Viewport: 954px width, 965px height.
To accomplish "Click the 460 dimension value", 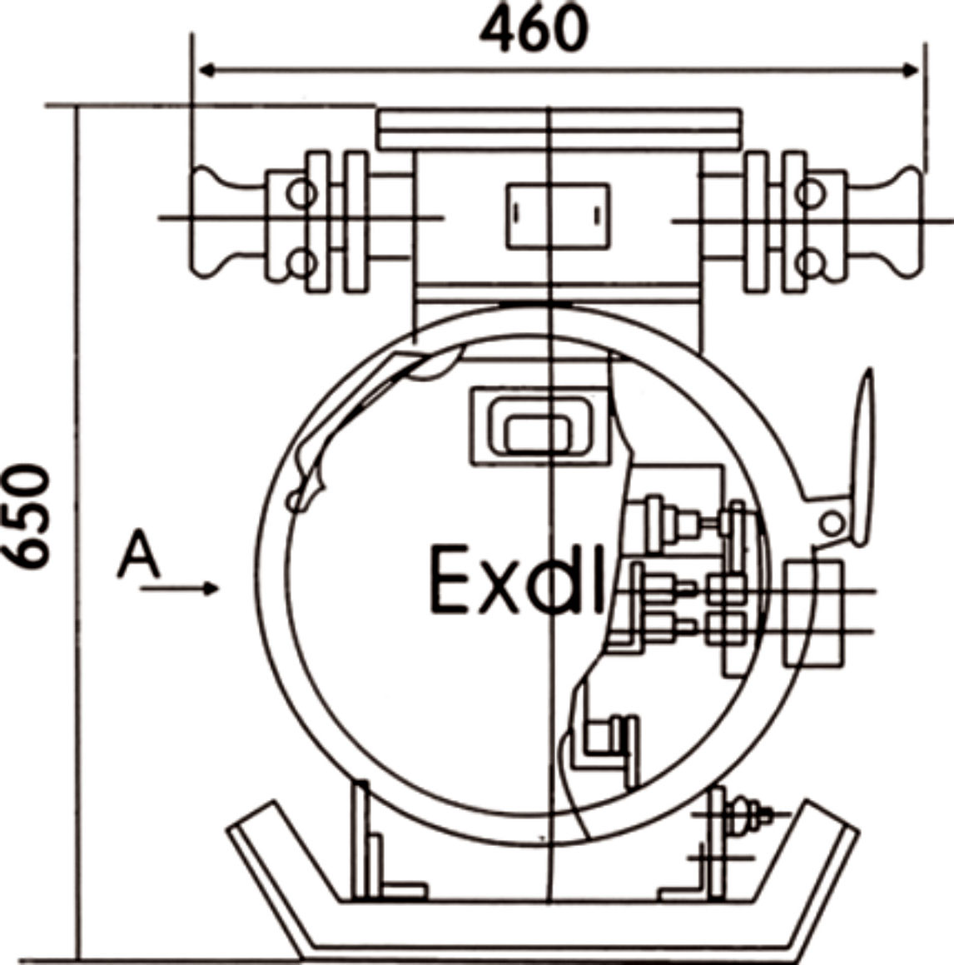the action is (x=534, y=29).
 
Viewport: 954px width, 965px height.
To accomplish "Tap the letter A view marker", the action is (x=139, y=555).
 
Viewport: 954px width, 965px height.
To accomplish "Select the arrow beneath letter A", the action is (x=179, y=589).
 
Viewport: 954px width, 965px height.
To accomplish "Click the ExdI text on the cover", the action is (x=517, y=579).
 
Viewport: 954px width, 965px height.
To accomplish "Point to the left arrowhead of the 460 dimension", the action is (x=208, y=70).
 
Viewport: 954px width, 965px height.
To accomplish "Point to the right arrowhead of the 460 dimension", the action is (x=910, y=70).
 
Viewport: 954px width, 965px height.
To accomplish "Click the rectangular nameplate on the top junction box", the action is (x=559, y=216).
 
